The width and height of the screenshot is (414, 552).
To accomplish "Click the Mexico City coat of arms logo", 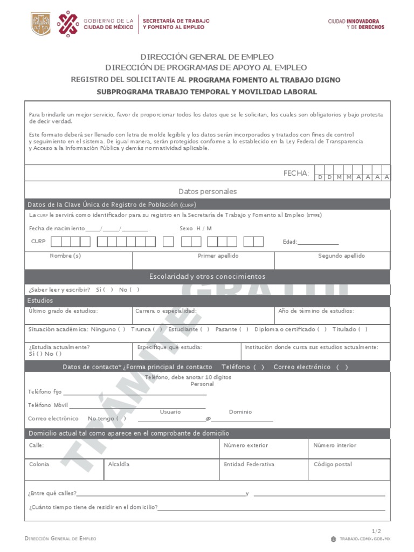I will tap(41, 24).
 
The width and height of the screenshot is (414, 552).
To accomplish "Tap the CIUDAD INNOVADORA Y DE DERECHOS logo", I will tap(356, 24).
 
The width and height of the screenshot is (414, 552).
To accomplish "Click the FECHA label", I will tap(296, 173).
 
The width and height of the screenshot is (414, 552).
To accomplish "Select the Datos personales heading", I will tap(208, 191).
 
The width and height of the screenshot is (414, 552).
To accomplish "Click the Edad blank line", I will tap(318, 243).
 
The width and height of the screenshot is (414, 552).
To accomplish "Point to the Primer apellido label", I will tap(218, 256).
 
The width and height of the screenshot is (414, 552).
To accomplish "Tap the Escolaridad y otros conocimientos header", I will tap(208, 277).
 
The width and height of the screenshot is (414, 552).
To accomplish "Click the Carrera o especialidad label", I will tap(165, 311).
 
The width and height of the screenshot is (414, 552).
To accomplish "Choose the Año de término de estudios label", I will tap(316, 311).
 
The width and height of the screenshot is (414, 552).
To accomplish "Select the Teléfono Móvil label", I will tap(48, 405).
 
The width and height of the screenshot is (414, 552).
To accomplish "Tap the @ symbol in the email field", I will tap(208, 419).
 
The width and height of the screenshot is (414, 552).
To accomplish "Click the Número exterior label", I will tap(246, 445).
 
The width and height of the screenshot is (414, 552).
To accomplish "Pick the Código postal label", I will tap(333, 464).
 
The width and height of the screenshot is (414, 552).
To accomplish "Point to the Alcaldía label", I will tap(119, 464).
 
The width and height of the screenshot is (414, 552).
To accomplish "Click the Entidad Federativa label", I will tap(249, 464).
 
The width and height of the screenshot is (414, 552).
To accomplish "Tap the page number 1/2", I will tap(376, 531).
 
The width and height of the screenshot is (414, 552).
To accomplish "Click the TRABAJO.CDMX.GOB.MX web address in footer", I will tap(364, 539).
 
